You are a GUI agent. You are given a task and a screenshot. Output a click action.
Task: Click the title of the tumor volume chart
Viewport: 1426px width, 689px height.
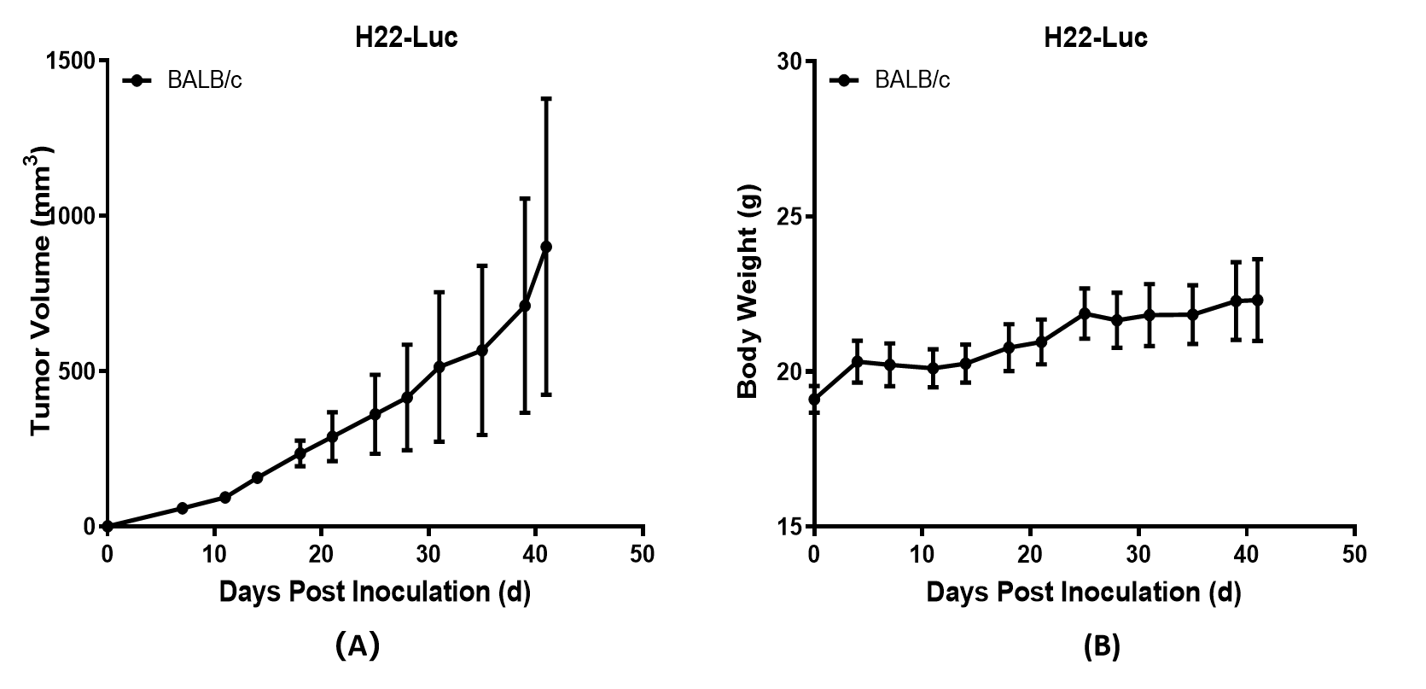pyautogui.click(x=406, y=38)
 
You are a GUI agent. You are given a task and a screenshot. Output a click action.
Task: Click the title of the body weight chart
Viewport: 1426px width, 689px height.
pyautogui.click(x=1096, y=38)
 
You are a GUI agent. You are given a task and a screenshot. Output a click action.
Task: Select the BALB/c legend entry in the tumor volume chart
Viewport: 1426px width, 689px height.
pyautogui.click(x=204, y=80)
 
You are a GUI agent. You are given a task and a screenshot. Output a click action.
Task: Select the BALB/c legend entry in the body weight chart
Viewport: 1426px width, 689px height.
pyautogui.click(x=911, y=80)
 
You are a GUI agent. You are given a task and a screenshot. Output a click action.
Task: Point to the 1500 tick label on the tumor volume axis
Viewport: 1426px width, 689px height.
pyautogui.click(x=71, y=61)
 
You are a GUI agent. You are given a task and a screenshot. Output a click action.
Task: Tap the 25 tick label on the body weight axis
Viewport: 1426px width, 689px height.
pyautogui.click(x=789, y=216)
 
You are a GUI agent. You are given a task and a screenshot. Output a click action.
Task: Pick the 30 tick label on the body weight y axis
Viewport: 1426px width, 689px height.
pyautogui.click(x=789, y=61)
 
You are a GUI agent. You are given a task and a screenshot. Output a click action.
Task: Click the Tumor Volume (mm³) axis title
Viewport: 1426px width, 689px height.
pyautogui.click(x=43, y=290)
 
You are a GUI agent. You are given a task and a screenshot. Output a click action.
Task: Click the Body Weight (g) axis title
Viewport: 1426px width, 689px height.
pyautogui.click(x=748, y=290)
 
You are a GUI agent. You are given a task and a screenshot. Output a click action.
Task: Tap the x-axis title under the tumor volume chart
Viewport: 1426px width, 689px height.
pyautogui.click(x=375, y=591)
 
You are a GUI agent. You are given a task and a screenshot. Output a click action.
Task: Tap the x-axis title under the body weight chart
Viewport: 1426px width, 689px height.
pyautogui.click(x=1083, y=591)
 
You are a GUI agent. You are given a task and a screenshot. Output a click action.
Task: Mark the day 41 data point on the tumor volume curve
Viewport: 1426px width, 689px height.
pyautogui.click(x=546, y=247)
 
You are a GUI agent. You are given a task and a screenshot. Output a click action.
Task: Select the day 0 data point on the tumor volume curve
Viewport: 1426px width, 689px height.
pyautogui.click(x=108, y=526)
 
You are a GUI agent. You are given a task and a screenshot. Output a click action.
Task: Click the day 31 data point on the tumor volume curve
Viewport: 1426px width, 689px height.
pyautogui.click(x=439, y=367)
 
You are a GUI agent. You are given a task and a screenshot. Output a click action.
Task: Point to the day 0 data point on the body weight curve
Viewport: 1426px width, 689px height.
pyautogui.click(x=814, y=399)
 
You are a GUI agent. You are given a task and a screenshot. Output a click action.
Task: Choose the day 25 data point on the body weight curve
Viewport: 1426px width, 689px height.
pyautogui.click(x=1085, y=313)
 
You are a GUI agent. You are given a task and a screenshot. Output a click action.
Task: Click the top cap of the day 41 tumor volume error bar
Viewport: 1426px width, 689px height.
pyautogui.click(x=546, y=99)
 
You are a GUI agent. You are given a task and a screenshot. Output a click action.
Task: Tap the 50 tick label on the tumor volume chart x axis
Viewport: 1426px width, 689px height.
pyautogui.click(x=643, y=554)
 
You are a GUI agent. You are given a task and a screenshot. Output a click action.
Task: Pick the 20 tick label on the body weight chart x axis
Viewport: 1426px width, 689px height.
pyautogui.click(x=1030, y=554)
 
